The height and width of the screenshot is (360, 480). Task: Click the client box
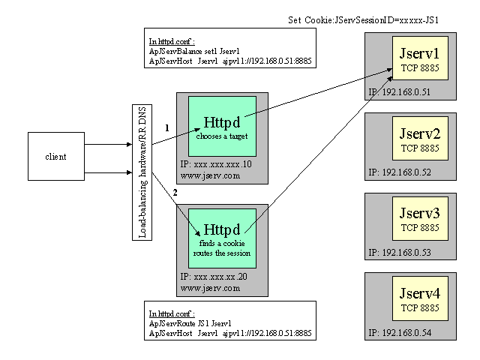[55, 157]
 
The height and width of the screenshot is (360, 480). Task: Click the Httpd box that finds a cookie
[221, 235]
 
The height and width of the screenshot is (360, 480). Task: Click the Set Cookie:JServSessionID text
[362, 19]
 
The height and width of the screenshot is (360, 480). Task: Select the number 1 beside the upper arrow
[167, 128]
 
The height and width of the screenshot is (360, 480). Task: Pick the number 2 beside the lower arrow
[175, 193]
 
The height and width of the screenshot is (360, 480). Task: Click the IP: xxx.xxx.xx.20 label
[216, 276]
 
